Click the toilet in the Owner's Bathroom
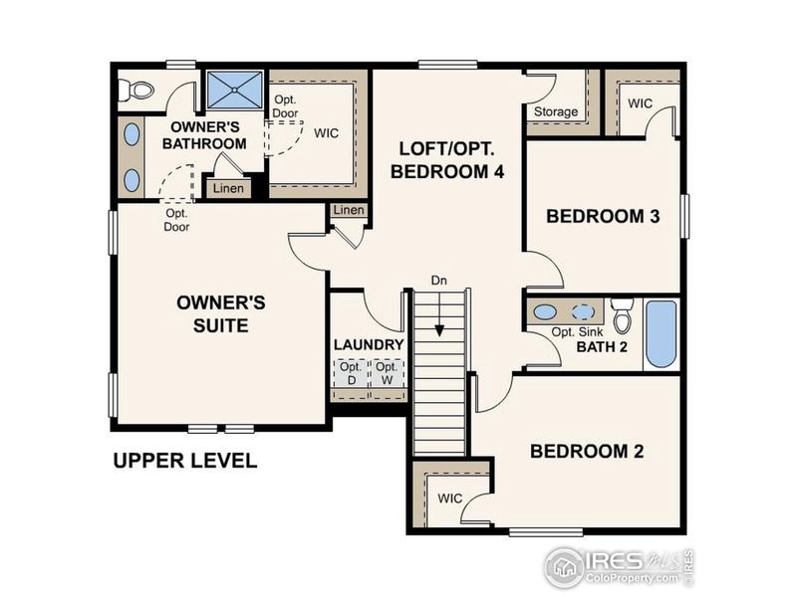click(135, 92)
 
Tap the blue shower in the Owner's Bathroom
click(235, 90)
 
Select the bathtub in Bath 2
click(662, 334)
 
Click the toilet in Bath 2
click(623, 316)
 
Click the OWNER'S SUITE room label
click(221, 313)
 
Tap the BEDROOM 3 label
click(604, 216)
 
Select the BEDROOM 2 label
click(587, 451)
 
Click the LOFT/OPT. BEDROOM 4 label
click(447, 159)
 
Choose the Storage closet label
click(555, 111)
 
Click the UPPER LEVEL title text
click(184, 461)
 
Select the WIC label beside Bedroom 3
click(640, 101)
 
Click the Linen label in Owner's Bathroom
click(228, 188)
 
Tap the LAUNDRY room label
click(369, 345)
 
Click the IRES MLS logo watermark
click(619, 566)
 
